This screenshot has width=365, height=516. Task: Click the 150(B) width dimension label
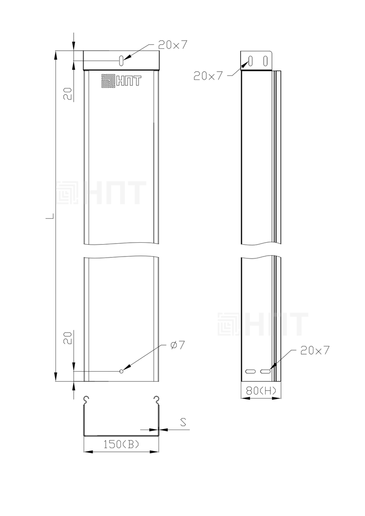click(121, 445)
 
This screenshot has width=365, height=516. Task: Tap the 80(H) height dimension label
click(261, 391)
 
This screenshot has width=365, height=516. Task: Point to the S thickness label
click(183, 422)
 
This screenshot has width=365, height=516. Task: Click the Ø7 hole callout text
click(178, 345)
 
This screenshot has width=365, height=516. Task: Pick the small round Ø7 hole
click(121, 371)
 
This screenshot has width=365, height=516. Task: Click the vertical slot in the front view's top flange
click(121, 61)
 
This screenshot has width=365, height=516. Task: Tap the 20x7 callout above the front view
click(173, 45)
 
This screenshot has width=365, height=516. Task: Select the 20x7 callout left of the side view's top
click(208, 76)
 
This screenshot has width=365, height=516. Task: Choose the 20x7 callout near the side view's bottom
click(315, 351)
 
